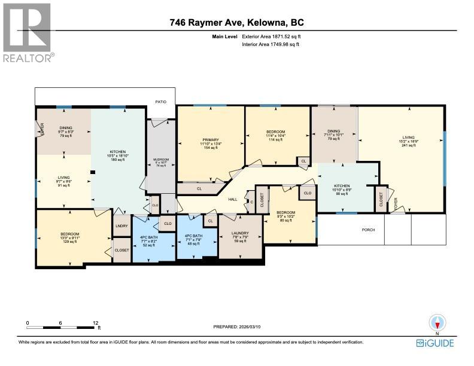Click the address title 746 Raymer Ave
point(236,23)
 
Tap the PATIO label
point(160,102)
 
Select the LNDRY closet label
point(121,225)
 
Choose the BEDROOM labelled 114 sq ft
point(276,135)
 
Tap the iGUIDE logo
point(434,343)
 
